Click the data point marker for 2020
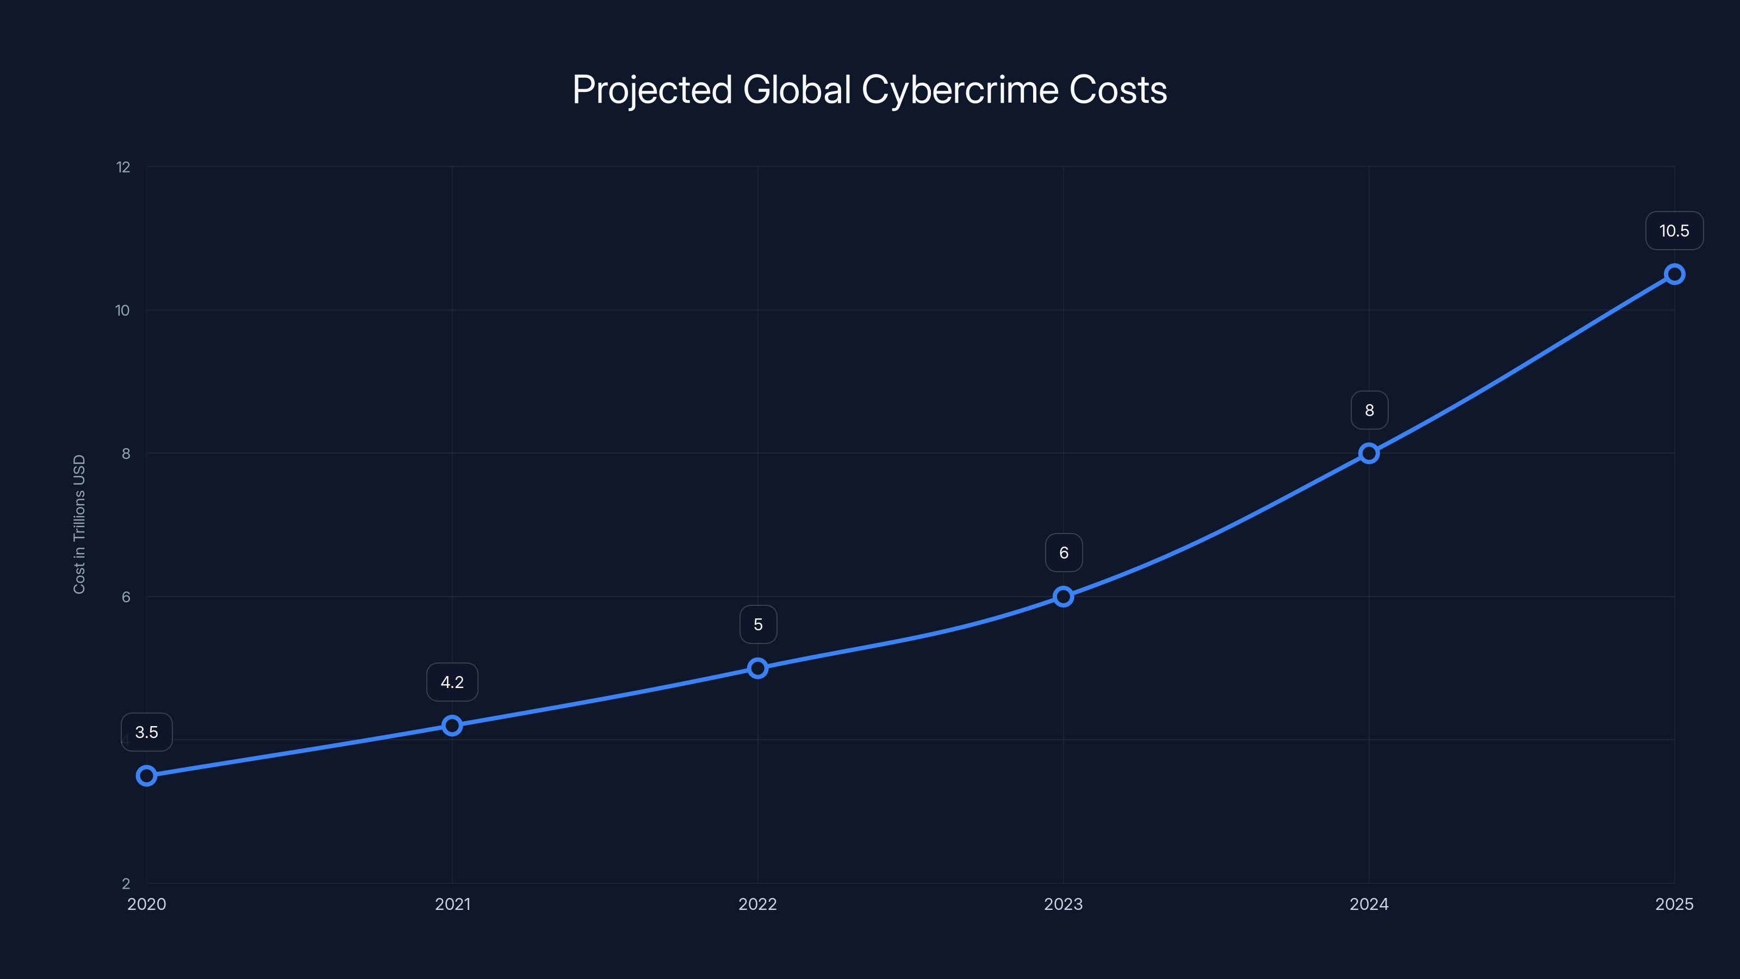(x=147, y=776)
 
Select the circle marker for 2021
(x=452, y=726)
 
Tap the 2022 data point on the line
(x=758, y=668)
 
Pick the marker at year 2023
(x=1063, y=597)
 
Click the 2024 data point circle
(x=1369, y=454)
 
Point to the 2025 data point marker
(x=1675, y=274)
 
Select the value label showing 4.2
(x=452, y=683)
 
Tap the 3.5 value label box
(x=147, y=733)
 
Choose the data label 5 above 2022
(x=758, y=625)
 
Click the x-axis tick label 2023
(x=1063, y=904)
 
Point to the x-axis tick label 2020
(x=147, y=904)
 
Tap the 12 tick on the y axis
(x=123, y=168)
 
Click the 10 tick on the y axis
(x=122, y=311)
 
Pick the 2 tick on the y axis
(x=126, y=884)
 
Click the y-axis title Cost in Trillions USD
(x=79, y=524)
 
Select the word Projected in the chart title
(x=652, y=90)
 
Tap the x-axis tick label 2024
(x=1369, y=904)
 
